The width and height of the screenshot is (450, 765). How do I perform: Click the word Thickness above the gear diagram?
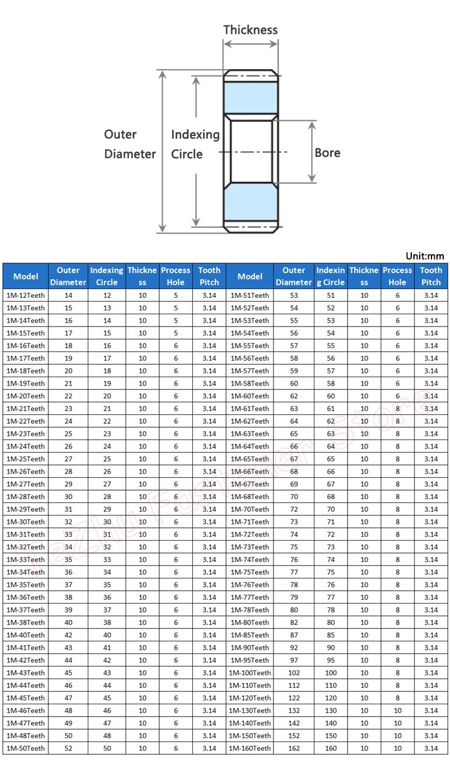(x=250, y=30)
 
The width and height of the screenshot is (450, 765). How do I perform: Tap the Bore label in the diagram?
(x=327, y=153)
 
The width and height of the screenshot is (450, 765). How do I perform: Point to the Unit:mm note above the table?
(x=425, y=256)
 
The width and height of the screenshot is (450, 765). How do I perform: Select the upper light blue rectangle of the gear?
(x=250, y=98)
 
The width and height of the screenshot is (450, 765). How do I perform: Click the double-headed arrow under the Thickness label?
(x=250, y=44)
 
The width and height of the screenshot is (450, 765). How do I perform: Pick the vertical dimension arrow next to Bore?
(x=312, y=152)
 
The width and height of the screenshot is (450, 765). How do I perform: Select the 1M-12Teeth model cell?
(x=26, y=296)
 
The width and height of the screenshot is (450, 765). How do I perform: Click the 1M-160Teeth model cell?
(x=250, y=748)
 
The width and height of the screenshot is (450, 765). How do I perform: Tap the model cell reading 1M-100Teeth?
(x=250, y=673)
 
